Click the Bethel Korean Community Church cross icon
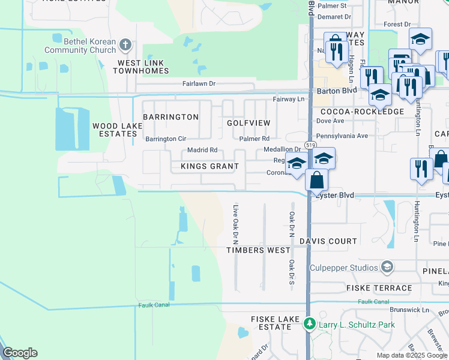tap(125, 44)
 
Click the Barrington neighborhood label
tap(170, 117)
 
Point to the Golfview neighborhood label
tap(249, 122)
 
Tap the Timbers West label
tap(258, 250)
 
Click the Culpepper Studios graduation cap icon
tap(387, 267)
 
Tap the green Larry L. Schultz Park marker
tap(310, 324)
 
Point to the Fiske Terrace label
tap(379, 288)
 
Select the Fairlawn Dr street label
tap(194, 84)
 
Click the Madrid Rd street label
tap(202, 151)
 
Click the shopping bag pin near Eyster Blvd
tap(316, 179)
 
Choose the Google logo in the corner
tap(20, 353)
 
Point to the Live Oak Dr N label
tap(236, 220)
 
